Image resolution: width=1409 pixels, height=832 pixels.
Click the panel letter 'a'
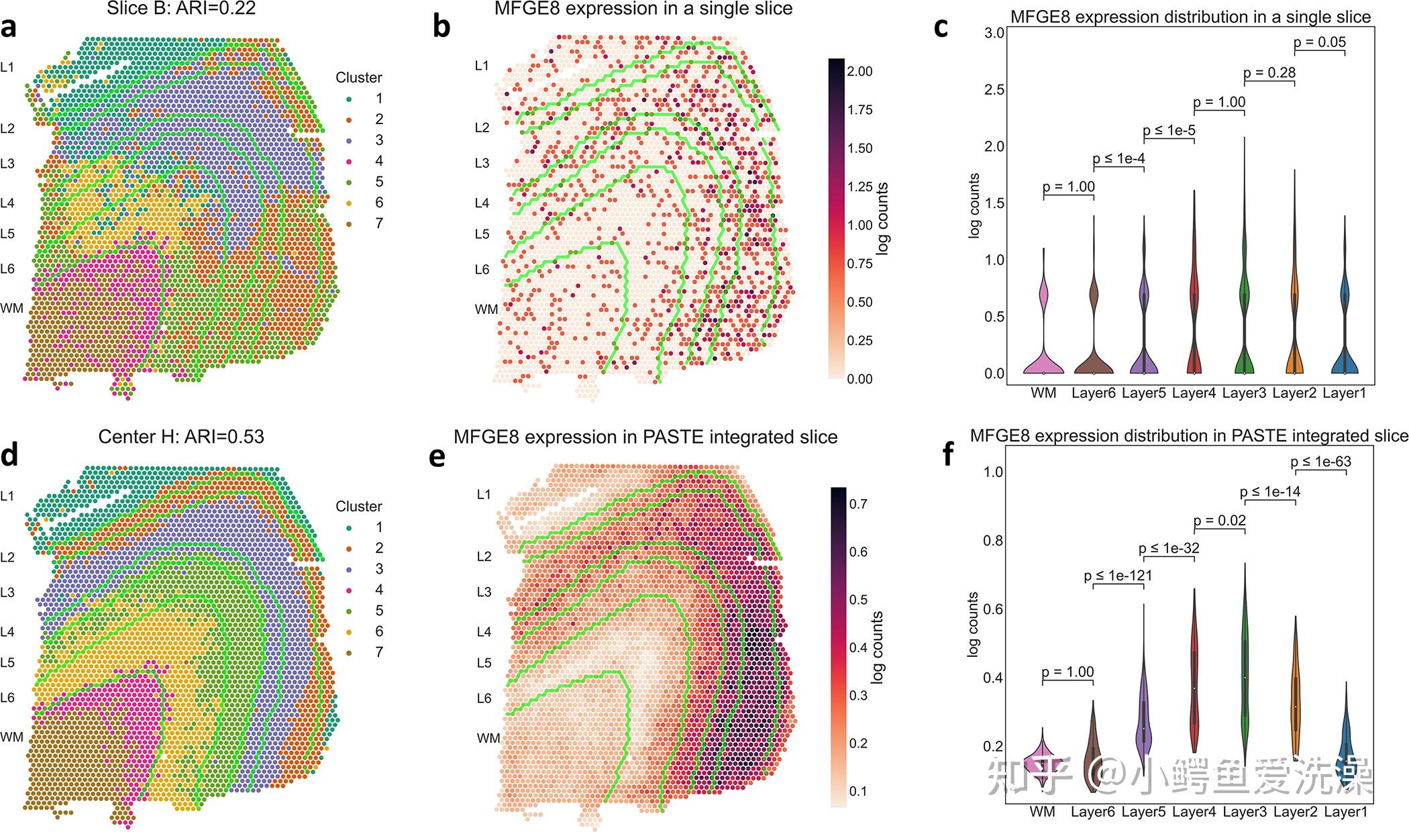tap(9, 29)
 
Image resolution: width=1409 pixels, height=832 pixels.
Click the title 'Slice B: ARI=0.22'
tap(181, 9)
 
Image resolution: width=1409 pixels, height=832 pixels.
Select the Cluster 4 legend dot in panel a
tap(348, 161)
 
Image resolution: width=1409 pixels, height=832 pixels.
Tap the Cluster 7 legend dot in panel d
tap(348, 652)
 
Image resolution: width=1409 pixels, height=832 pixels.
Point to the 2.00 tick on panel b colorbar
tap(859, 71)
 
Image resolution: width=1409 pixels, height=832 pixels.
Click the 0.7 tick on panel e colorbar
tap(858, 504)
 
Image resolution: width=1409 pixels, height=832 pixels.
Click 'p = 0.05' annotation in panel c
tap(1319, 42)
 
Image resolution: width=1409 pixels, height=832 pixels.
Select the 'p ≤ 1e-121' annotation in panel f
tap(1118, 576)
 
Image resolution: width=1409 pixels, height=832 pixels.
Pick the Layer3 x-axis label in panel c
tap(1244, 393)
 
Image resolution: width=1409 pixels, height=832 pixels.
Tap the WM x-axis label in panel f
tap(1042, 812)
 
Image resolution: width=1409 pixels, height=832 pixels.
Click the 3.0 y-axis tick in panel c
tap(994, 33)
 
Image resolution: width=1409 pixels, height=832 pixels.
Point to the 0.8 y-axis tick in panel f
tap(993, 541)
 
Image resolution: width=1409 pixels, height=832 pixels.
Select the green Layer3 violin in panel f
tap(1245, 678)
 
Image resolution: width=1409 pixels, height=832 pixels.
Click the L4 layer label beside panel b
tap(482, 203)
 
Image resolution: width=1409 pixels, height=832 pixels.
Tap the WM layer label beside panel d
tap(11, 737)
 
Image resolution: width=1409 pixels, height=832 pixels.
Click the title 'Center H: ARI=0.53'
tap(181, 437)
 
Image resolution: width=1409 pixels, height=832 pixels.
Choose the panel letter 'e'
tap(437, 456)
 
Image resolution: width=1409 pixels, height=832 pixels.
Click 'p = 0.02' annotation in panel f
tap(1219, 521)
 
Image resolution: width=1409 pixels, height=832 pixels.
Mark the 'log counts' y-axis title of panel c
tap(974, 206)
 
